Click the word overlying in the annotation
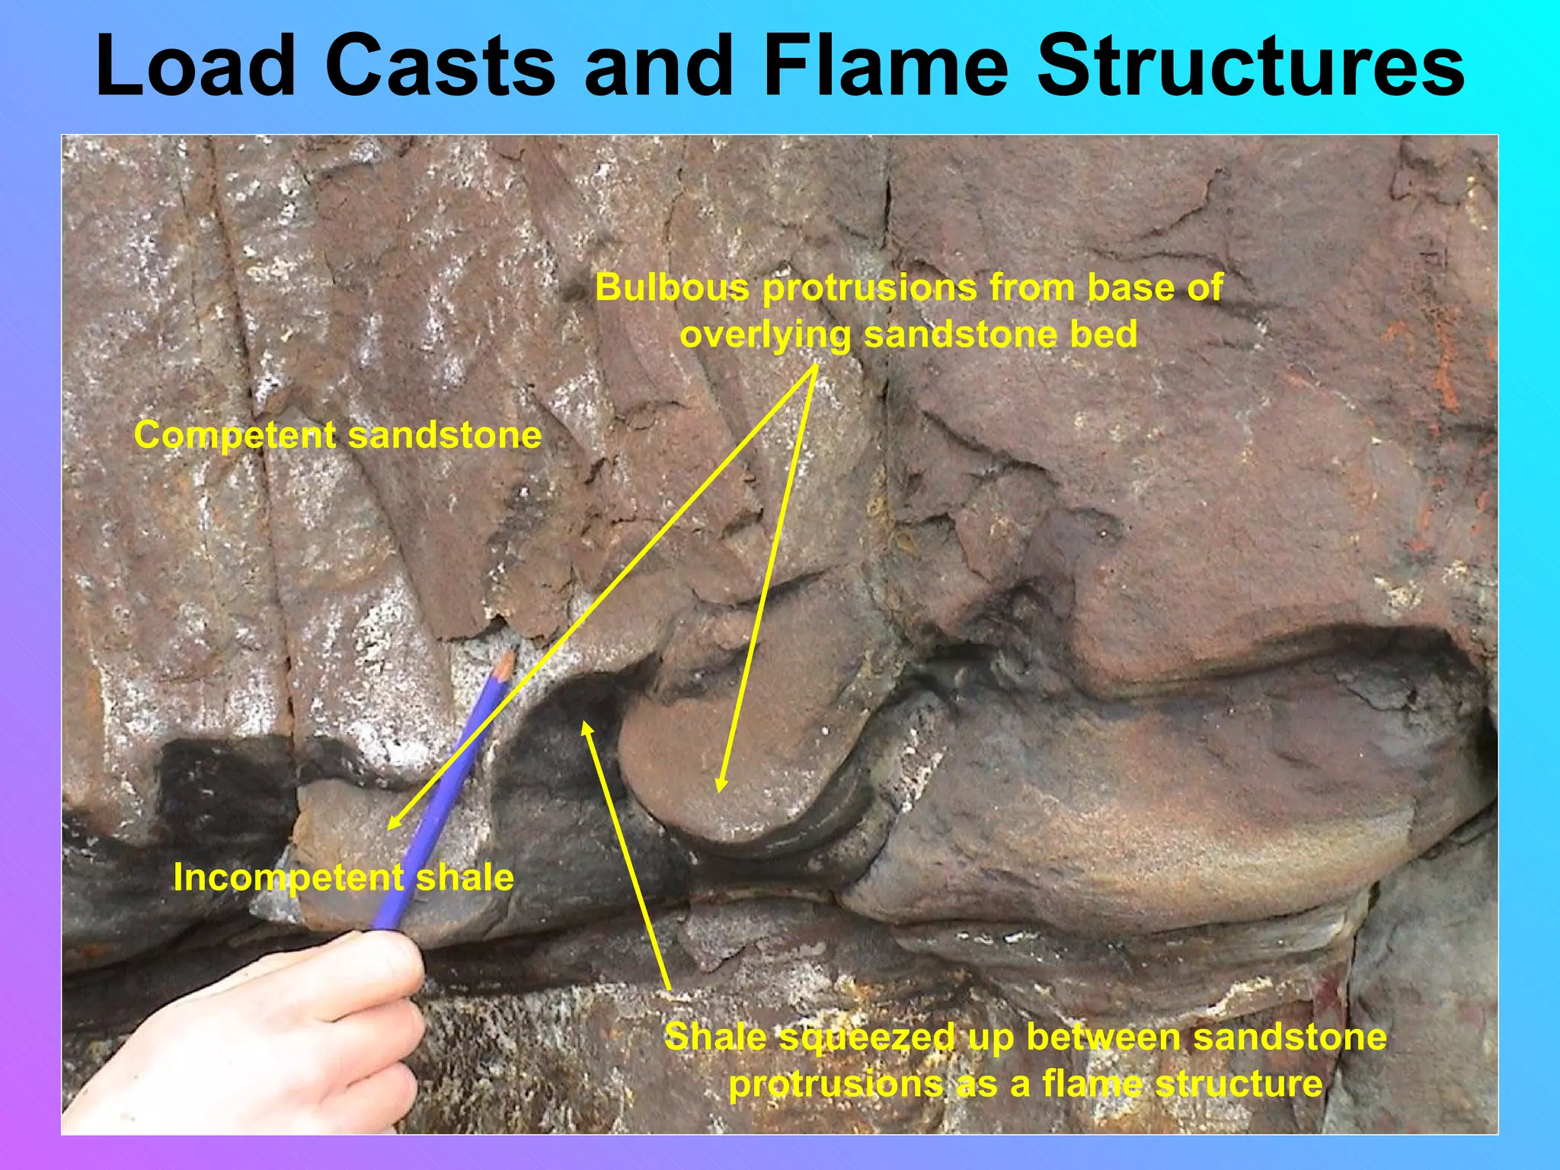765,334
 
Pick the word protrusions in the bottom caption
835,1084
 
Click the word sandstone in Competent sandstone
445,436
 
